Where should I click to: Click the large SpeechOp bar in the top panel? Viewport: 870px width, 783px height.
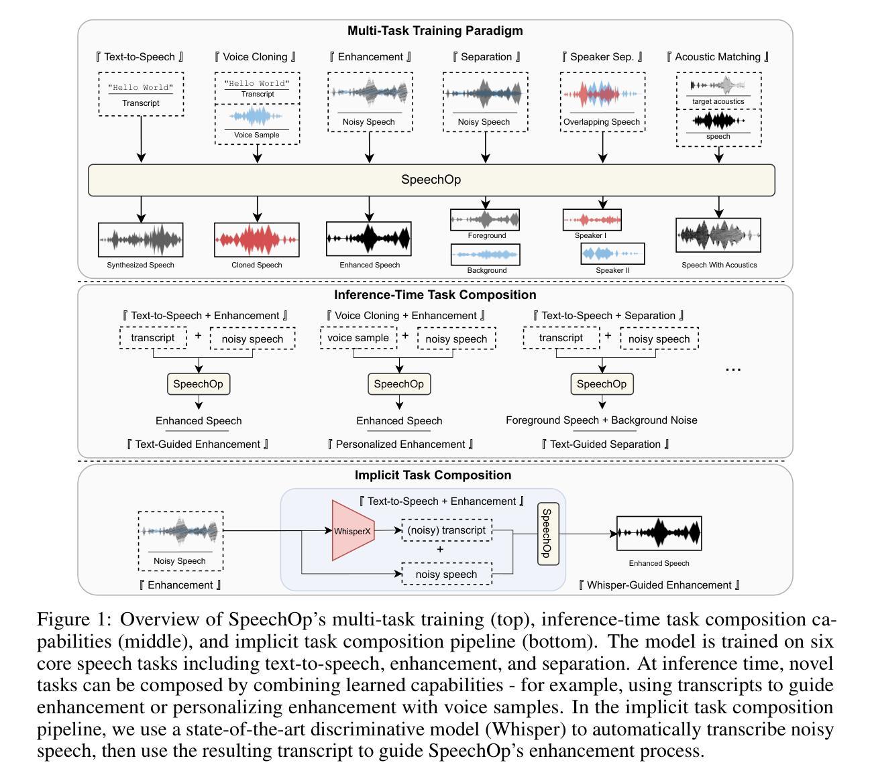(431, 180)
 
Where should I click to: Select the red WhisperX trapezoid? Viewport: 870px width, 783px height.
(353, 530)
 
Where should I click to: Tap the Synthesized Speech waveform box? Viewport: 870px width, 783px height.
(140, 239)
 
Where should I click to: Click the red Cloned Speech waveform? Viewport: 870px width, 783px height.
(257, 239)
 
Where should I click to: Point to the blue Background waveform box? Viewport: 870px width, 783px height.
(486, 255)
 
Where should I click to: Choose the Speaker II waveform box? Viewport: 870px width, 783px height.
(612, 254)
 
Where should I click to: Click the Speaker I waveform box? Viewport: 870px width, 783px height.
(592, 220)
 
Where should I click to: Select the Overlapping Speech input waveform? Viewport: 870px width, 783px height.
(602, 95)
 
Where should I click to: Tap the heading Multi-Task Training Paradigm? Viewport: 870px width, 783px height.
(435, 31)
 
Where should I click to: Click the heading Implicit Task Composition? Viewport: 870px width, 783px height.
(433, 475)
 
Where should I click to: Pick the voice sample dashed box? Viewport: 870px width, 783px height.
(358, 338)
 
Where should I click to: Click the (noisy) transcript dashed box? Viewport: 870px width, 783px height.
(446, 530)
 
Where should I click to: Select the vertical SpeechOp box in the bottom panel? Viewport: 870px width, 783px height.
(548, 534)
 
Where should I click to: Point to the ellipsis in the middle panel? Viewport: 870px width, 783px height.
(733, 369)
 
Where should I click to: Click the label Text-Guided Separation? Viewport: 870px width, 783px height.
(605, 444)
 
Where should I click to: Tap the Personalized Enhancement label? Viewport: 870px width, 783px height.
(400, 444)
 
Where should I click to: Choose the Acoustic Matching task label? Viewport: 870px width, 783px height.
(718, 57)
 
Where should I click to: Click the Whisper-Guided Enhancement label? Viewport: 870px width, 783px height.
(659, 585)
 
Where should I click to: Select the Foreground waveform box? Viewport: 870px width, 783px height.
(486, 219)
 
